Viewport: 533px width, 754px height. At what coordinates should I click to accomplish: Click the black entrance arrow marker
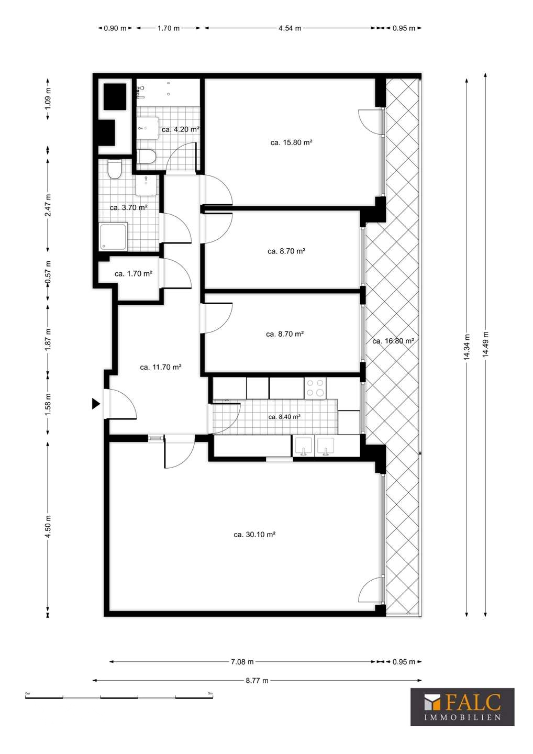(96, 403)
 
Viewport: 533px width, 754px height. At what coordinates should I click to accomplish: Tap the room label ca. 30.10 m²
(255, 534)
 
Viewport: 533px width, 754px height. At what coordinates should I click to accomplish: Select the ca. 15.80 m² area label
(292, 142)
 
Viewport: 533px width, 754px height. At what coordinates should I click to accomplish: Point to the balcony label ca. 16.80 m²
(393, 341)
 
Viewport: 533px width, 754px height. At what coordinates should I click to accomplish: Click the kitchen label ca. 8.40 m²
(284, 417)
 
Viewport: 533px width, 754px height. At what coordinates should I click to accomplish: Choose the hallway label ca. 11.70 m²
(161, 367)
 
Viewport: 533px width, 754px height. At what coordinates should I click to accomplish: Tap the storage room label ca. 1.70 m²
(133, 274)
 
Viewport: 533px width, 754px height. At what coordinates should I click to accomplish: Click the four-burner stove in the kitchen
(315, 388)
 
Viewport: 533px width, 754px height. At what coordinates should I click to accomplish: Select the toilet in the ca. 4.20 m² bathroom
(147, 157)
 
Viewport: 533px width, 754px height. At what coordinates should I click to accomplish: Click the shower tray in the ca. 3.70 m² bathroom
(114, 236)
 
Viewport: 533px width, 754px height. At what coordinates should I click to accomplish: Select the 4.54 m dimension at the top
(290, 28)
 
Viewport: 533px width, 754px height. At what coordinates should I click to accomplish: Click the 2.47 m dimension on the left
(48, 205)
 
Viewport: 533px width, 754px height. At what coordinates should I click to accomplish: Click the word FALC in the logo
(473, 702)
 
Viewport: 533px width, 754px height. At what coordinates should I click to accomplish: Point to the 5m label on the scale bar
(210, 693)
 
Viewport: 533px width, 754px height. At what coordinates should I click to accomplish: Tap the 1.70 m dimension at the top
(169, 28)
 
